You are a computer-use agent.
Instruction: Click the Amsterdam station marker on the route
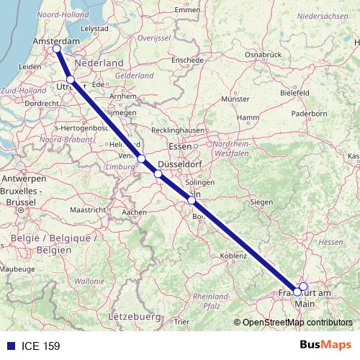point(57,49)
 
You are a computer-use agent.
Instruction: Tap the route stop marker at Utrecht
point(71,80)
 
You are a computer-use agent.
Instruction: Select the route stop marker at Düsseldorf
point(158,174)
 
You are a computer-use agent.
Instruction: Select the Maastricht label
point(88,209)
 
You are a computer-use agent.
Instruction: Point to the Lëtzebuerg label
point(133,316)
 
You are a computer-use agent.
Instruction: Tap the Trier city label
point(181,322)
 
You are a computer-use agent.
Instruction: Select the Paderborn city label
point(310,113)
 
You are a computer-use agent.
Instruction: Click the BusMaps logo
point(325,345)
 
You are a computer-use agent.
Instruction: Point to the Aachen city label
point(135,212)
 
